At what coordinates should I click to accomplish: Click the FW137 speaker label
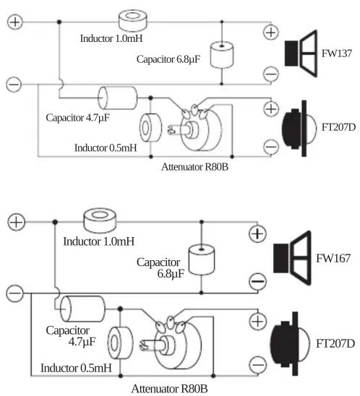pyautogui.click(x=336, y=53)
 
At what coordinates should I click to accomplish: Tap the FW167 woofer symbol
pyautogui.click(x=292, y=258)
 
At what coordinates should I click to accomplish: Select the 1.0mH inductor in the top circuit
pyautogui.click(x=132, y=21)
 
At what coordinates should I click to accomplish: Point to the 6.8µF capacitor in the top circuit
pyautogui.click(x=222, y=55)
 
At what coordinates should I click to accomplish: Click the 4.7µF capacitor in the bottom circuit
pyautogui.click(x=82, y=309)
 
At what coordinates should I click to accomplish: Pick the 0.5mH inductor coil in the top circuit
pyautogui.click(x=150, y=128)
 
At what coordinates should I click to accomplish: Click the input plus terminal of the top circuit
pyautogui.click(x=15, y=22)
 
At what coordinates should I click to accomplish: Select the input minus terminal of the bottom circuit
pyautogui.click(x=14, y=293)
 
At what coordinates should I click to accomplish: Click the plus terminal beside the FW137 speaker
pyautogui.click(x=271, y=33)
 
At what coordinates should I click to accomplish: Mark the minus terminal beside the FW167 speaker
pyautogui.click(x=257, y=281)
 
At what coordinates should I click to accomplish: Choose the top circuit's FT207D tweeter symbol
pyautogui.click(x=299, y=129)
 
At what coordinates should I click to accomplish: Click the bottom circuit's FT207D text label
pyautogui.click(x=335, y=343)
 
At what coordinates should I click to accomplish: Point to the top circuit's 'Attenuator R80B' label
pyautogui.click(x=194, y=167)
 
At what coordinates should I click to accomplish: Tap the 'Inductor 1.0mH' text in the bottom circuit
pyautogui.click(x=98, y=241)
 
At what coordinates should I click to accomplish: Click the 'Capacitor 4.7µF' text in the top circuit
pyautogui.click(x=77, y=118)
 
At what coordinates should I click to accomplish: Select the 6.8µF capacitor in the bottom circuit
pyautogui.click(x=202, y=260)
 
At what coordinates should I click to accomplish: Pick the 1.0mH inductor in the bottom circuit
pyautogui.click(x=100, y=220)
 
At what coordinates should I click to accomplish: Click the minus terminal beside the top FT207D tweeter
pyautogui.click(x=271, y=147)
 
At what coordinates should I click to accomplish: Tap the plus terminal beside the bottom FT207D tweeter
pyautogui.click(x=257, y=322)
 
